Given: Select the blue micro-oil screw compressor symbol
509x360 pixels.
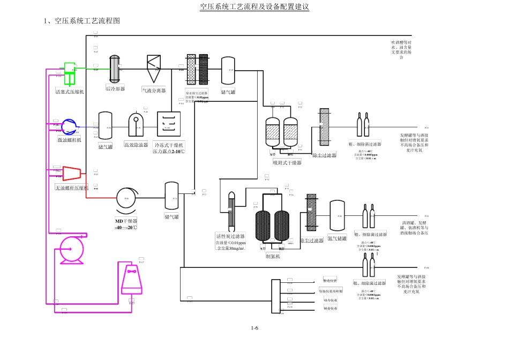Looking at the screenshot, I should coord(70,127).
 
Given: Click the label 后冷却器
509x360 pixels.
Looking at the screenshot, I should coord(115,89).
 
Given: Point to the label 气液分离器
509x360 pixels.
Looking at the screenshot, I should coord(153,91).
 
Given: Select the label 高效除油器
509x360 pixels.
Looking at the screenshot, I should coord(136,145).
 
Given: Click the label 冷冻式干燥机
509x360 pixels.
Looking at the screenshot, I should coord(169,145).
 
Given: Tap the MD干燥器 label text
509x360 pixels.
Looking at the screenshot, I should coord(126,221).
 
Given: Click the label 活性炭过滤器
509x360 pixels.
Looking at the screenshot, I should coord(230,236).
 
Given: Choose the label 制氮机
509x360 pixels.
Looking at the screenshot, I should coord(273,256).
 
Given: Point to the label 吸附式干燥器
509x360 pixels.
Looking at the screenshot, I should coord(287,162).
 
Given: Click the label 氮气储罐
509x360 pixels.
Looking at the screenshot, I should coord(337,238).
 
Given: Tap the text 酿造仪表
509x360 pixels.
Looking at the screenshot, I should coord(330,281).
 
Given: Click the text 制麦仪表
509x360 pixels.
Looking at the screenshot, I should coord(330,309).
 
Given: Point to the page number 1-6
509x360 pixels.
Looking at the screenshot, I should coord(254,328).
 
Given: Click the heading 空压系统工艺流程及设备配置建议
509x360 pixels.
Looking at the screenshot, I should coord(254,7).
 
